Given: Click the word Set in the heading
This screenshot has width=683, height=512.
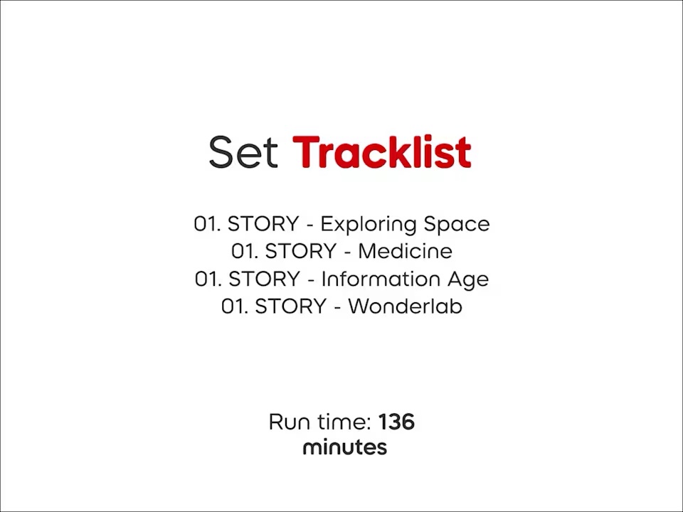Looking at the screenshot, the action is point(243,152).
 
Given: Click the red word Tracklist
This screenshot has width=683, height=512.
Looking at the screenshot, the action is point(381,152).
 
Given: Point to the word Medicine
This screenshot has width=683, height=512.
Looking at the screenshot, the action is point(405,251).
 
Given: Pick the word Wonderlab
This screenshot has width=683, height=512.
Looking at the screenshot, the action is point(405,306).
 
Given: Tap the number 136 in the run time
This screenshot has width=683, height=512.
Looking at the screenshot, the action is point(396,422).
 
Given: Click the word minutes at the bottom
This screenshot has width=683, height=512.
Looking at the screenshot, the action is point(345,447).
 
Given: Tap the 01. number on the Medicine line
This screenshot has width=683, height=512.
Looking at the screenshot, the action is point(245,251).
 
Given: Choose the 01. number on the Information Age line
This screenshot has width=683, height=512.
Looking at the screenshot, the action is point(208,279).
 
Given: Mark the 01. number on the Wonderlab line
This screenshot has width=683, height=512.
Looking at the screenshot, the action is point(235,306).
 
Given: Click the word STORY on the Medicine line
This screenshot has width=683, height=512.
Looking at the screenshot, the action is point(300,251).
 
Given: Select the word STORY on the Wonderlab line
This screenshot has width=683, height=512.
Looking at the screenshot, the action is point(290,306).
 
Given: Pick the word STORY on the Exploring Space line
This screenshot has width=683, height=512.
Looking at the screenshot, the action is point(263,224).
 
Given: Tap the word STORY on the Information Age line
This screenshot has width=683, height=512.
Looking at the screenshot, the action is point(264,279).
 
